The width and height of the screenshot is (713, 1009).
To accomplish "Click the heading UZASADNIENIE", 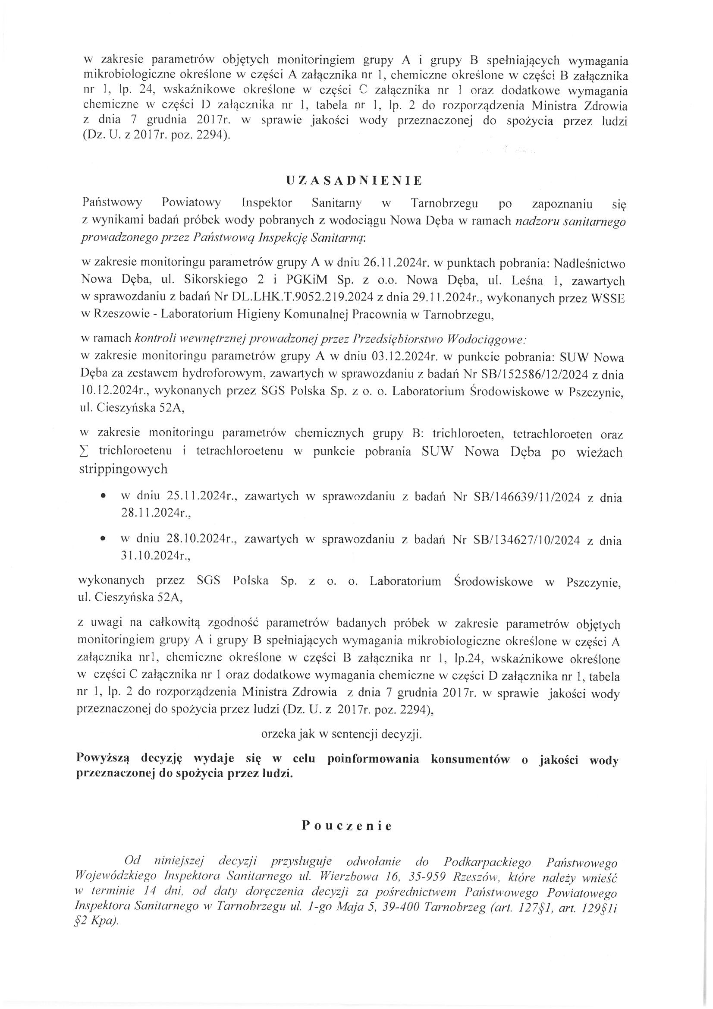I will (x=354, y=181).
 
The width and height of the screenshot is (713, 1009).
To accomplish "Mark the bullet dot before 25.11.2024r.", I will (x=103, y=495).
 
